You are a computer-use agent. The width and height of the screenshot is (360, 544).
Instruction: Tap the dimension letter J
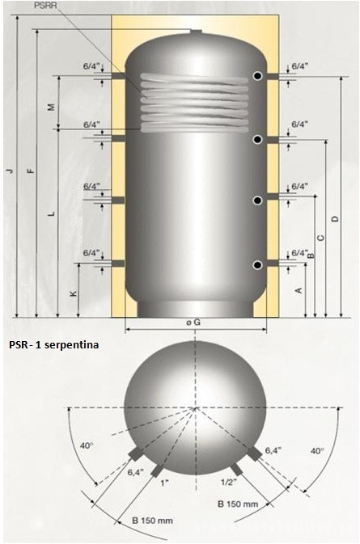[x=11, y=171]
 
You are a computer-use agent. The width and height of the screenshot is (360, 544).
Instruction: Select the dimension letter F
[x=32, y=171]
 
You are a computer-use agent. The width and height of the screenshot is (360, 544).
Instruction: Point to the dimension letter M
[x=52, y=108]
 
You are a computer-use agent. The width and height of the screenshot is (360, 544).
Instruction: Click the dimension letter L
[x=52, y=213]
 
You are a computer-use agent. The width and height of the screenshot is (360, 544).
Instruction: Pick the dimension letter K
[x=74, y=293]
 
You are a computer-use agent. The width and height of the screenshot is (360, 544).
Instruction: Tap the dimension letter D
[x=335, y=219]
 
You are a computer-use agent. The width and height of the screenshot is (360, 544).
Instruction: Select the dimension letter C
[x=321, y=238]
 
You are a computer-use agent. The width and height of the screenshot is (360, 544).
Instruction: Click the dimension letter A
[x=299, y=290]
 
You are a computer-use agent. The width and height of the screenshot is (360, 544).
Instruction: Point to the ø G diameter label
[x=193, y=323]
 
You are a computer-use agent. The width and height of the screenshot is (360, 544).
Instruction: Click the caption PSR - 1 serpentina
[x=54, y=345]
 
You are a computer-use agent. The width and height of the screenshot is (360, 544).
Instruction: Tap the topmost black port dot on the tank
[x=257, y=76]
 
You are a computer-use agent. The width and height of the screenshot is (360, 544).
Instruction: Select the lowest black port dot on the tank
[x=257, y=265]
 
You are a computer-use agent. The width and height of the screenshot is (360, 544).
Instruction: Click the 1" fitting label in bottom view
[x=164, y=483]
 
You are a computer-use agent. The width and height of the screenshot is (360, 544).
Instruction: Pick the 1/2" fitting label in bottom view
[x=229, y=482]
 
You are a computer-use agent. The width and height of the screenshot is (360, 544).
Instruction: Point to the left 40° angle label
[x=87, y=445]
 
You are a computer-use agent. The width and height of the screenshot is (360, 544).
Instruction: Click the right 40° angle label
[x=317, y=451]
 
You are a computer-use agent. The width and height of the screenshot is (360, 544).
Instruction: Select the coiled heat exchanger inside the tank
[x=194, y=103]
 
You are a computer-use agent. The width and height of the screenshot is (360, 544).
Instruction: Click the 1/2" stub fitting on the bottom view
[x=236, y=469]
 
